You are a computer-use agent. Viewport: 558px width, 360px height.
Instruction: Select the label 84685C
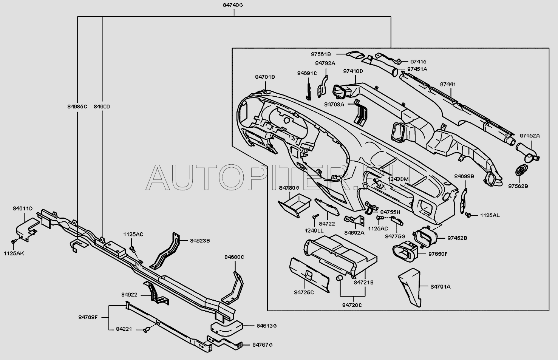(x=75, y=107)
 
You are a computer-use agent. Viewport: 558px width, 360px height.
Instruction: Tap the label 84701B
(x=265, y=77)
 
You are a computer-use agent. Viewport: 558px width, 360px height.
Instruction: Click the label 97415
(x=419, y=62)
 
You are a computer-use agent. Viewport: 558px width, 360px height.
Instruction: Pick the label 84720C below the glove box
(x=352, y=305)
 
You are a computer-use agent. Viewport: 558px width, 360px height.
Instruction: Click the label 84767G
(x=263, y=345)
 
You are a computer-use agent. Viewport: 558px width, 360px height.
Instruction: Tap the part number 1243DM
(x=399, y=179)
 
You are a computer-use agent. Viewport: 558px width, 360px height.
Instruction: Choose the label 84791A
(x=441, y=287)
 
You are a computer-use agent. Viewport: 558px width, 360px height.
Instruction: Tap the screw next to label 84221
(x=147, y=331)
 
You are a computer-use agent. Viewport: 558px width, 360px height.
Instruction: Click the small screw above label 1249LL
(x=314, y=217)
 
